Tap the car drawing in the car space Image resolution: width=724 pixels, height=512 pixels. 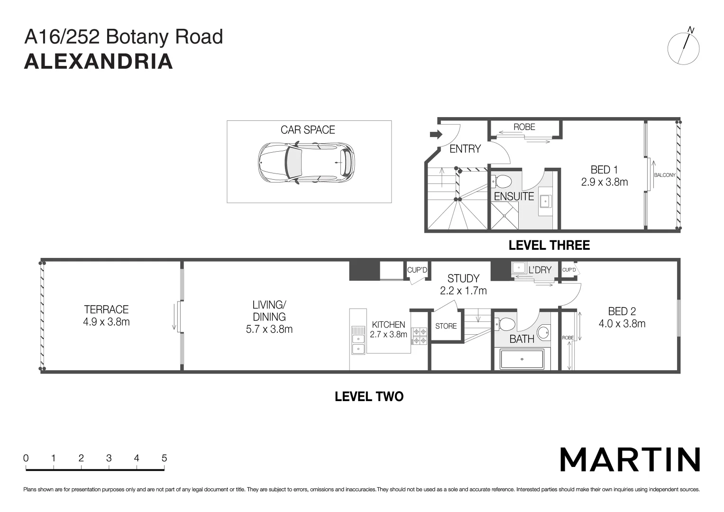pyautogui.click(x=306, y=163)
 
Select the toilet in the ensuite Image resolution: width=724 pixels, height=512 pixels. pyautogui.click(x=502, y=181)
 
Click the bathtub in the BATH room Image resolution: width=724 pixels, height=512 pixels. pyautogui.click(x=522, y=359)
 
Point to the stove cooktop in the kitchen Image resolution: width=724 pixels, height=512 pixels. pyautogui.click(x=420, y=336)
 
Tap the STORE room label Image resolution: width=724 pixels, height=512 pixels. pyautogui.click(x=446, y=326)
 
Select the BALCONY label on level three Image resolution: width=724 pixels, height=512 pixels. pyautogui.click(x=664, y=175)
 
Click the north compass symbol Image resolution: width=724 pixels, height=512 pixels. pyautogui.click(x=683, y=48)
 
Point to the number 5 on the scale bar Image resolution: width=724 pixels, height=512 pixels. pyautogui.click(x=164, y=458)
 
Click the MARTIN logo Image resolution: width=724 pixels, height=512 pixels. pyautogui.click(x=630, y=459)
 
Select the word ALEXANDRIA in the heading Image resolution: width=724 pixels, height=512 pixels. pyautogui.click(x=98, y=62)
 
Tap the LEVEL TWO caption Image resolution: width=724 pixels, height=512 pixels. pyautogui.click(x=369, y=396)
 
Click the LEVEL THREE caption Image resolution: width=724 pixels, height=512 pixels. pyautogui.click(x=549, y=246)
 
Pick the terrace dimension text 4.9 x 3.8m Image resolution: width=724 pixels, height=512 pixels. pyautogui.click(x=106, y=322)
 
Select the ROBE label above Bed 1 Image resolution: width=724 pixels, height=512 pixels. pyautogui.click(x=524, y=127)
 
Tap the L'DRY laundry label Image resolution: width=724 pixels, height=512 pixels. pyautogui.click(x=540, y=270)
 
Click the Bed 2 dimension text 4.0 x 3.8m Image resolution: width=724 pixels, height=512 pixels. pyautogui.click(x=622, y=324)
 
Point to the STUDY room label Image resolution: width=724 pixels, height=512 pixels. pyautogui.click(x=463, y=278)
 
